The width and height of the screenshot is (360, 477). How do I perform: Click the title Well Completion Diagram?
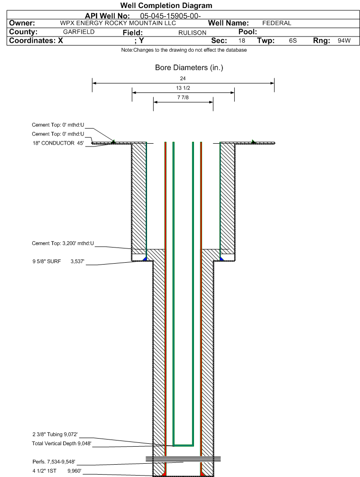coord(166,6)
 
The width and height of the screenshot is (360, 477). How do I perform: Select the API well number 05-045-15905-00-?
coord(170,16)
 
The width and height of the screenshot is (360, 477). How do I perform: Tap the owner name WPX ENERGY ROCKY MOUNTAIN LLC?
coord(118,23)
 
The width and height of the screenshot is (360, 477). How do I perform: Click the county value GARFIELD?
coord(79,32)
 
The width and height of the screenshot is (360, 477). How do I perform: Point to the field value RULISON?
coord(192,33)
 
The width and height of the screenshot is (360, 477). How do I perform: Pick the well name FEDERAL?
coord(277,23)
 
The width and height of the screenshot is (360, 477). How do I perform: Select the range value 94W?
coord(344,41)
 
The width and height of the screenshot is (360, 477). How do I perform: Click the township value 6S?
coord(293,41)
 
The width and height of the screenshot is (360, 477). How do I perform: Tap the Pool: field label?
coord(248,32)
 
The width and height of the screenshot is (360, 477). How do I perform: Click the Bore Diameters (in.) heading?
coord(189,67)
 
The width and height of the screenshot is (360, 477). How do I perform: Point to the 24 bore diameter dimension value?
coord(183,79)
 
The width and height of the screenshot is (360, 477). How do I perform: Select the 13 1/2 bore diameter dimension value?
coord(183,88)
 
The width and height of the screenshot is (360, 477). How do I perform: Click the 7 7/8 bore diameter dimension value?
coord(183,97)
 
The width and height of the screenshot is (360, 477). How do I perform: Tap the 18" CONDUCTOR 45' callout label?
coord(58,143)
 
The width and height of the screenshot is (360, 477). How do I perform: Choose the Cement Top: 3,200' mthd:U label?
coord(63,243)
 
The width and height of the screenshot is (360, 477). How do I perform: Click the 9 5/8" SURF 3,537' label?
coord(58,261)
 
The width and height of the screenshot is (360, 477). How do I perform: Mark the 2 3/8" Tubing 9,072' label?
coord(55,434)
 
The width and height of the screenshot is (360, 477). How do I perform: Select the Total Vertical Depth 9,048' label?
coord(62,443)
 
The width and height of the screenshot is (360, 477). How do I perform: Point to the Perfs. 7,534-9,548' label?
coord(54,462)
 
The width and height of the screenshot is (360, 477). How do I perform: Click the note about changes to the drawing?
coord(184,50)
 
